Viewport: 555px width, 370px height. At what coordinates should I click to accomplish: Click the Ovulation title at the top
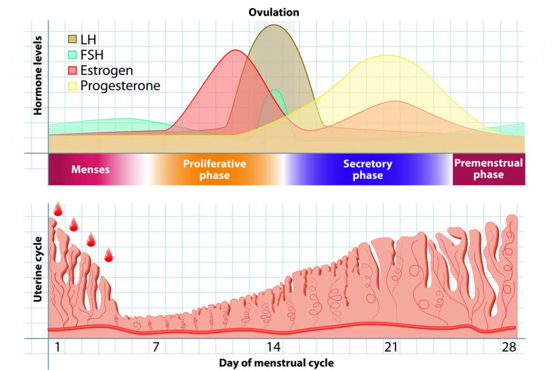point(274,12)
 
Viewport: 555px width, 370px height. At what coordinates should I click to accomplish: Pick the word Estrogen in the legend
point(107,70)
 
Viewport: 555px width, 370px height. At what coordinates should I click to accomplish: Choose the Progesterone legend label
point(120,86)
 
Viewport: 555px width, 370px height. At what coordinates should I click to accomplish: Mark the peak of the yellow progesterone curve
point(386,55)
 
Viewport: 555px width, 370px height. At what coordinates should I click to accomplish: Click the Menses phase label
point(91,170)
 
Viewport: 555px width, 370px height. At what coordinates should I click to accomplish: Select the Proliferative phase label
point(214,169)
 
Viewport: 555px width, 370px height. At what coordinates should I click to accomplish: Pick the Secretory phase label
point(367,169)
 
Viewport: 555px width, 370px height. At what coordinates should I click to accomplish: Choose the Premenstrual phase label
point(488,168)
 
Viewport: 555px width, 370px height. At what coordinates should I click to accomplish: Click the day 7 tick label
point(156,347)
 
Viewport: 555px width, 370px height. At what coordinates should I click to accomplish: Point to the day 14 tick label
point(273,347)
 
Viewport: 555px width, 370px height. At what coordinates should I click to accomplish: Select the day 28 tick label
point(508,347)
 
